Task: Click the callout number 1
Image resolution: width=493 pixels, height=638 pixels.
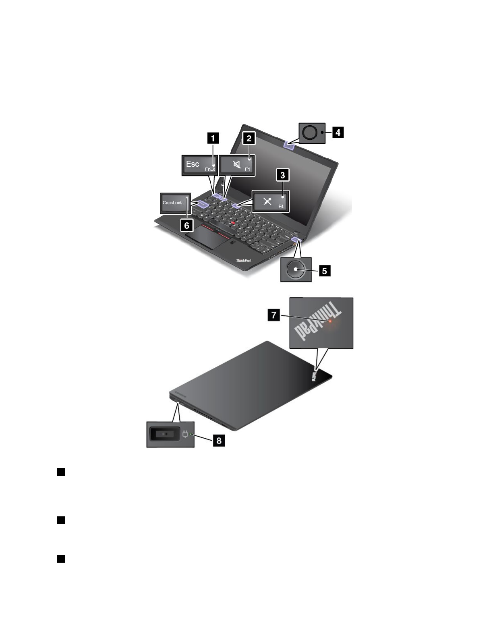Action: pyautogui.click(x=213, y=139)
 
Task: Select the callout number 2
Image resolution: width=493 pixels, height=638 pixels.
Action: pyautogui.click(x=249, y=139)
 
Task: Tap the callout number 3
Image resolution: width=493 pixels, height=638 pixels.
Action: pyautogui.click(x=282, y=175)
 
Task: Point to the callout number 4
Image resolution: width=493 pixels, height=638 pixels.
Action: pyautogui.click(x=338, y=132)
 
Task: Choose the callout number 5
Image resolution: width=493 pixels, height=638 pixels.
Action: pyautogui.click(x=324, y=271)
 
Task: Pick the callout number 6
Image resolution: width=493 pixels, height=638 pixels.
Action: pyautogui.click(x=186, y=225)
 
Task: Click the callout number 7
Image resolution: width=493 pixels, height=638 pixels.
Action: pyautogui.click(x=274, y=315)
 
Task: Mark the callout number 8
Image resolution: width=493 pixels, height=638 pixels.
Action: pyautogui.click(x=219, y=440)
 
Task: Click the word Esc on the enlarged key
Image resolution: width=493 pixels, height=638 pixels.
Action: pyautogui.click(x=193, y=164)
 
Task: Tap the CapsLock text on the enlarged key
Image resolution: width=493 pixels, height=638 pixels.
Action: pyautogui.click(x=172, y=203)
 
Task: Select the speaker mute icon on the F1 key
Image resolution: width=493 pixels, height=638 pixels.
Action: pyautogui.click(x=237, y=165)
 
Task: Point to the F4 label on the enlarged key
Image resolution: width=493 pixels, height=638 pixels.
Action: pyautogui.click(x=281, y=207)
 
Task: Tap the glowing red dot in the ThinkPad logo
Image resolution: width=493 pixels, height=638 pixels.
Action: pyautogui.click(x=330, y=321)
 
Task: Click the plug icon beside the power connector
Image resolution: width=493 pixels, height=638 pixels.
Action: pyautogui.click(x=185, y=435)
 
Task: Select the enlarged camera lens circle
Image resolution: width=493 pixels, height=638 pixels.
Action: pyautogui.click(x=310, y=133)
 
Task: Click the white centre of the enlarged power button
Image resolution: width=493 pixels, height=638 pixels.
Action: pyautogui.click(x=296, y=269)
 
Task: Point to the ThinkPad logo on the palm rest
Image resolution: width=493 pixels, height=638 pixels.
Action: pyautogui.click(x=243, y=261)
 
